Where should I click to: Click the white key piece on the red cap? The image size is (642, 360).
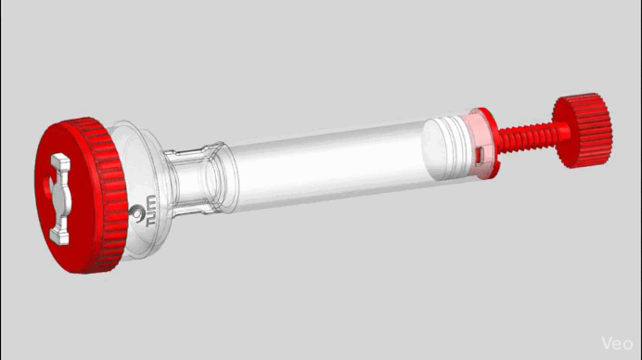tap(60, 199)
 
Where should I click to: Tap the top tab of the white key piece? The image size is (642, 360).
tap(61, 162)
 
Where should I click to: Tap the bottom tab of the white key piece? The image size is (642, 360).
tap(59, 237)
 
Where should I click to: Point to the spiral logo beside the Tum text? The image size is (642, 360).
tap(136, 212)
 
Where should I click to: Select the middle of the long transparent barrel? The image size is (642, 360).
tap(327, 166)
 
